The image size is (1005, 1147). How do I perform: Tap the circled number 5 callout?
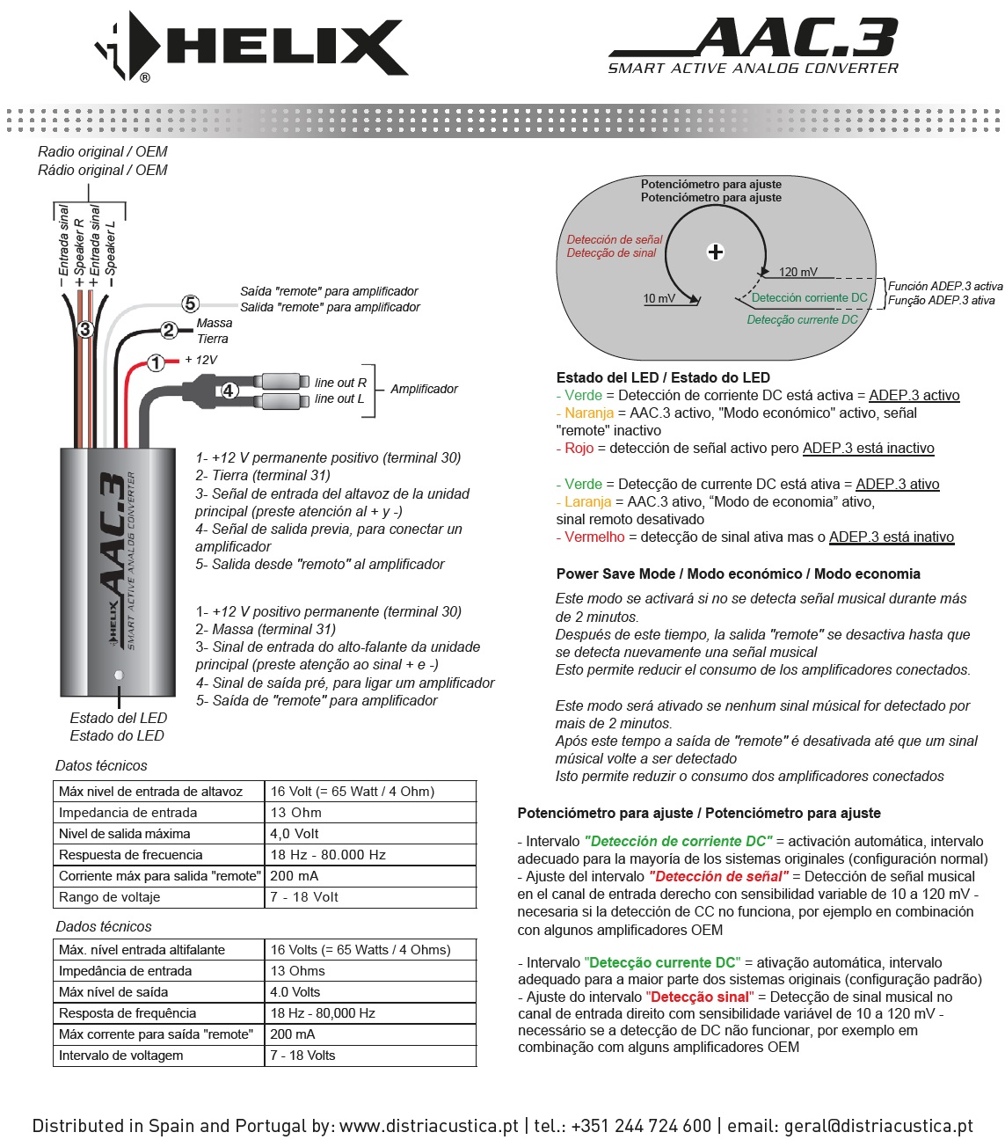click(x=191, y=303)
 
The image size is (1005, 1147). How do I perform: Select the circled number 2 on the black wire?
click(x=169, y=331)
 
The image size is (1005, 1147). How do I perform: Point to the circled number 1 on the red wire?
click(x=156, y=362)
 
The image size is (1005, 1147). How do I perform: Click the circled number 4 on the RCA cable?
click(x=229, y=390)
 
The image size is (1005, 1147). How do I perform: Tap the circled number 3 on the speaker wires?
click(x=85, y=330)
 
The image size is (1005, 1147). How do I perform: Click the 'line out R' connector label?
click(x=340, y=383)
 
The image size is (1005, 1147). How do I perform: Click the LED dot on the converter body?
click(x=119, y=675)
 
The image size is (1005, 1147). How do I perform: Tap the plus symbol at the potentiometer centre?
click(x=716, y=252)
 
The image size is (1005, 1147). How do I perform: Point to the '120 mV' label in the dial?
click(x=797, y=272)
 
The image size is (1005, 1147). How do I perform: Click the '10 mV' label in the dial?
click(x=659, y=298)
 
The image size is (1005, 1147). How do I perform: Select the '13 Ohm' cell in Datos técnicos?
click(x=296, y=813)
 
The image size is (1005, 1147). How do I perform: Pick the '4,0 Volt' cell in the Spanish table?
click(x=295, y=834)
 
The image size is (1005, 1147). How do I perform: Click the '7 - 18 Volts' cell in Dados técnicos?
click(x=302, y=1056)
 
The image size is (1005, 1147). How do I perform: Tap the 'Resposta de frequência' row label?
click(x=127, y=1013)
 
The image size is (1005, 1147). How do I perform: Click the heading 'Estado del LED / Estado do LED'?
click(x=663, y=377)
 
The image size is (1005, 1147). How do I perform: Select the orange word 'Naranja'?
click(x=589, y=413)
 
